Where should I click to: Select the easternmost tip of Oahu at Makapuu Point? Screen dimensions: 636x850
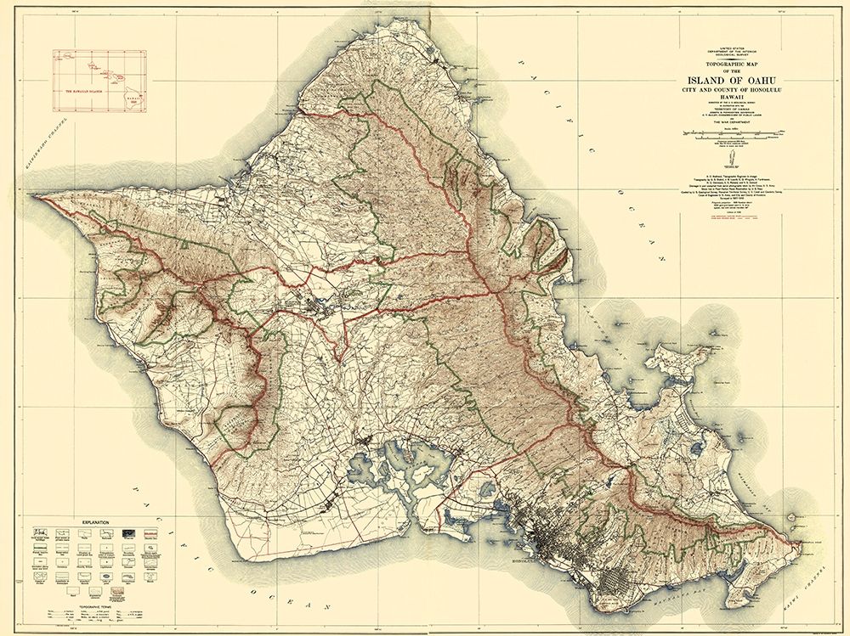pos(800,542)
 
